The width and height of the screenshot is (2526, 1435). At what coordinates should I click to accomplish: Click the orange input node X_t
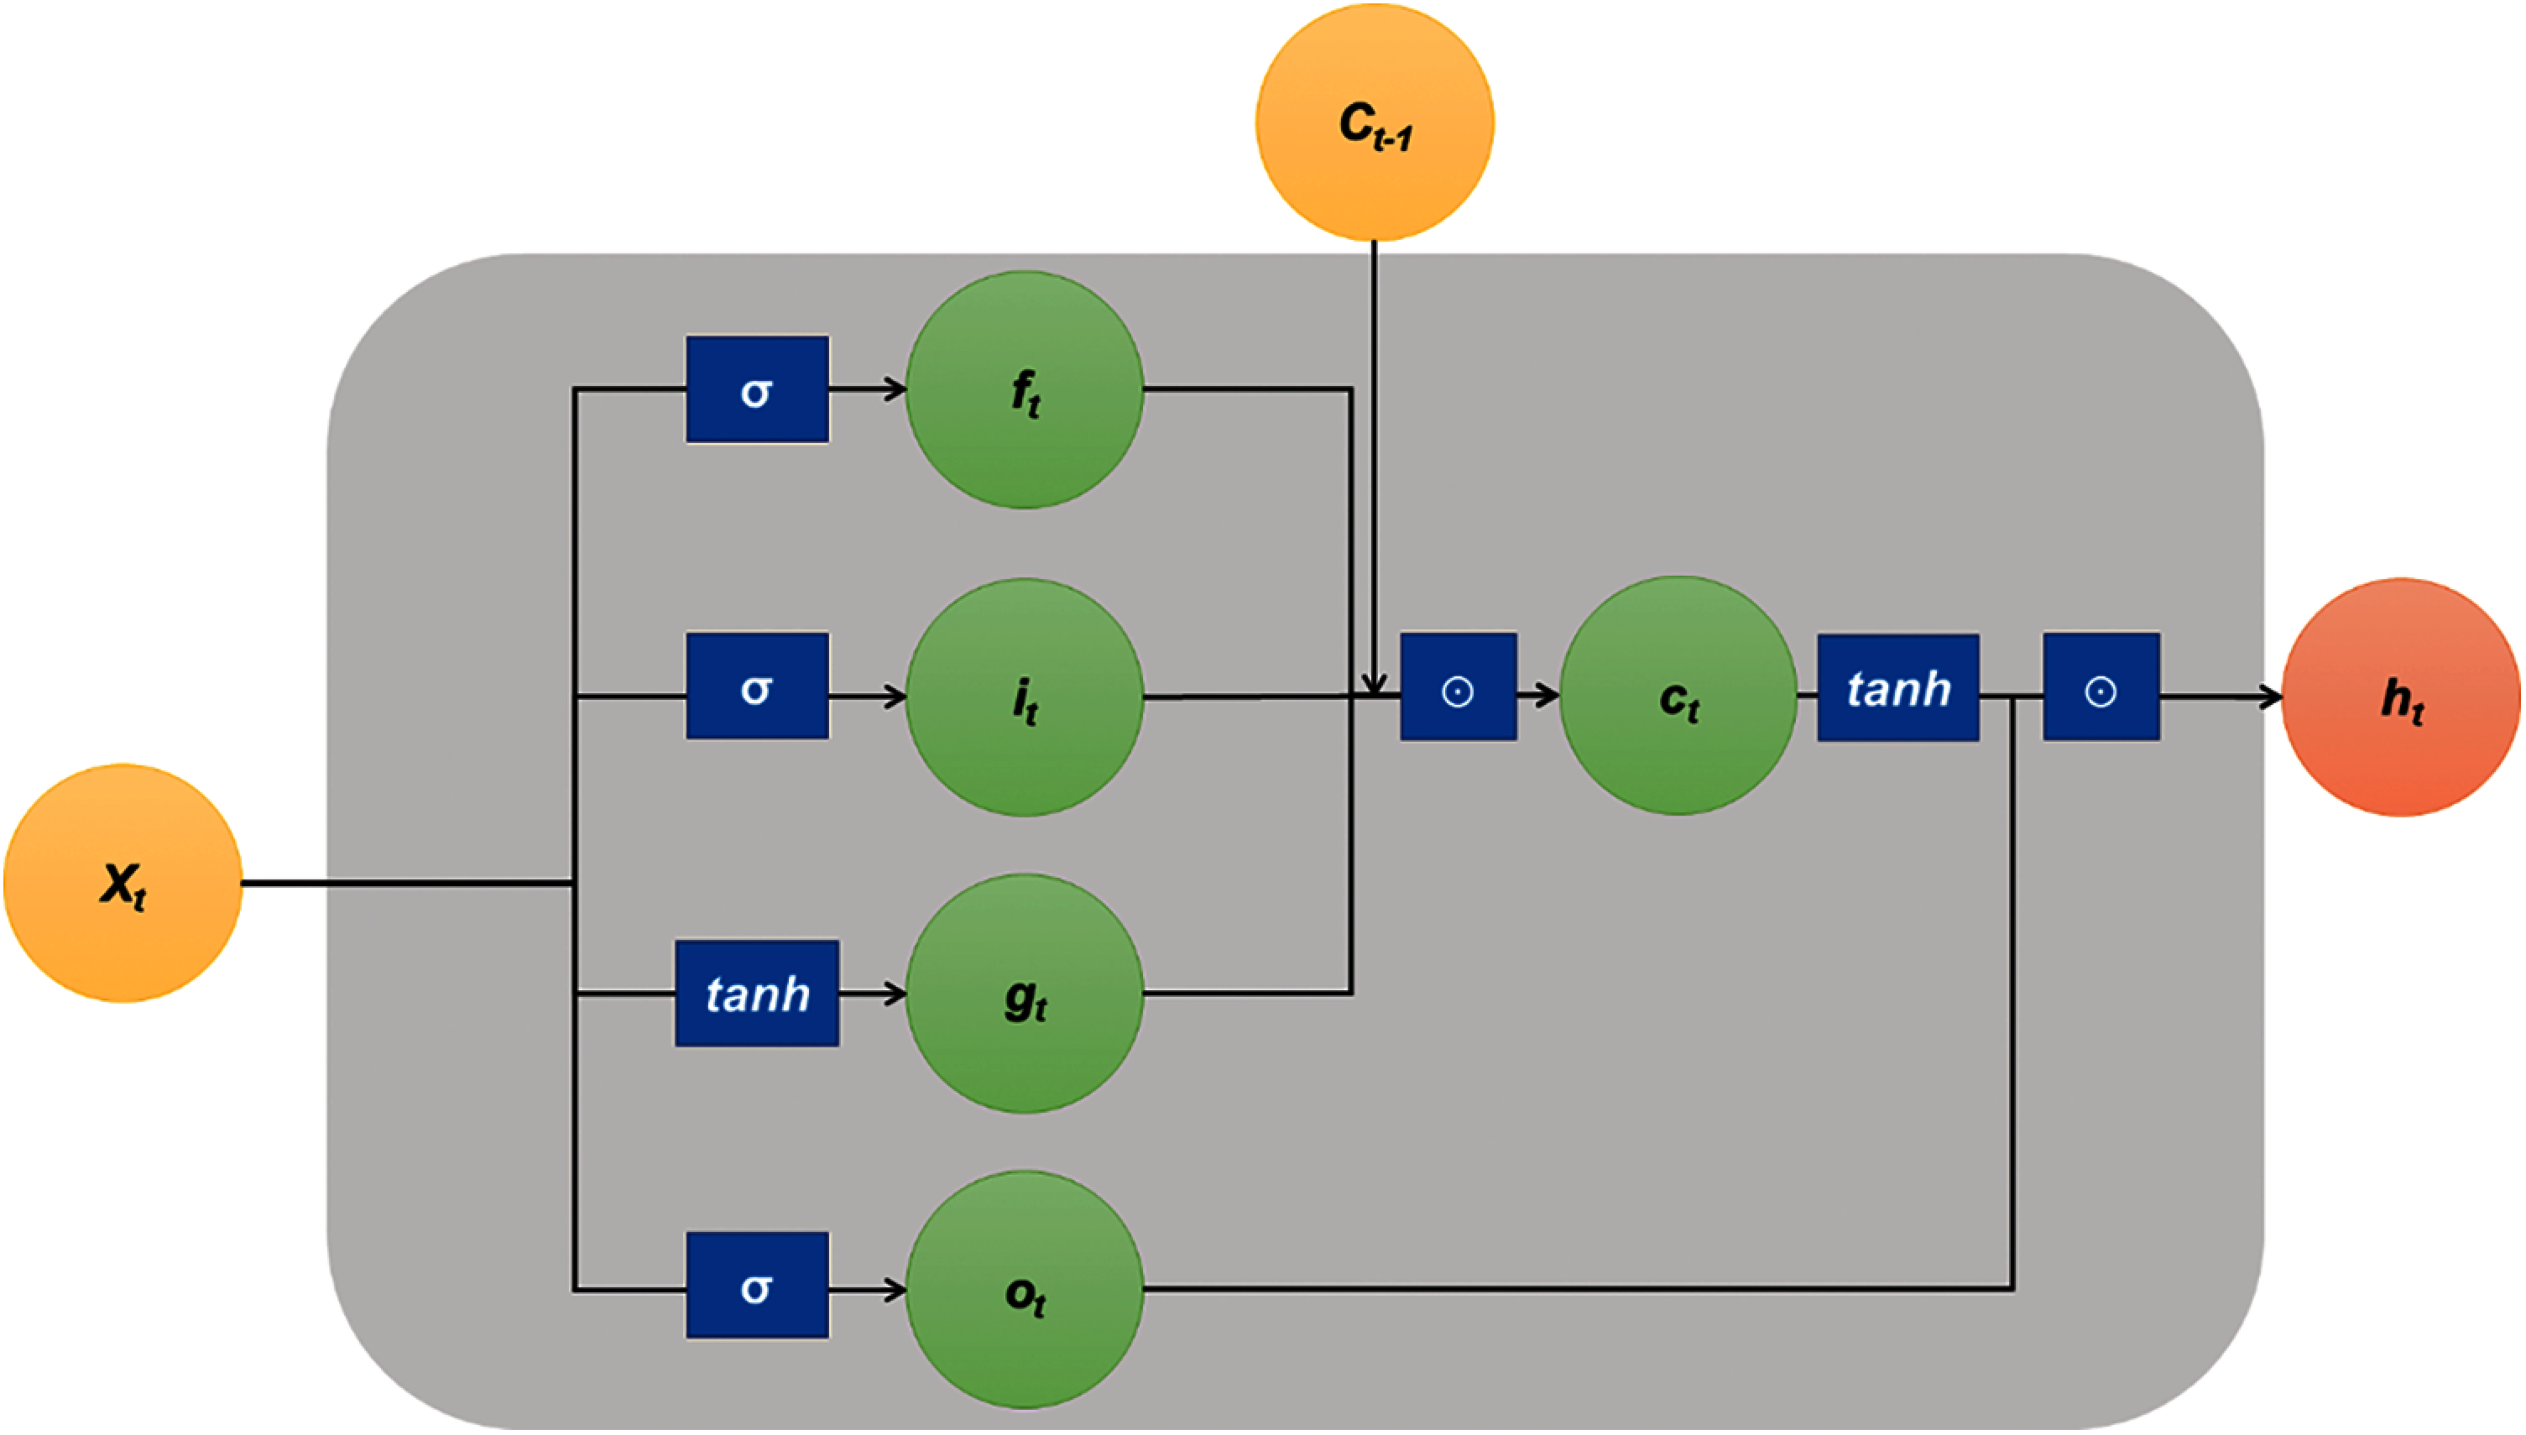(x=123, y=884)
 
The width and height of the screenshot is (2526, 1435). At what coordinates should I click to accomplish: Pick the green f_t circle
(x=1025, y=390)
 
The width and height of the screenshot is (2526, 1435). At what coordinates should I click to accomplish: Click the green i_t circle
(x=1025, y=698)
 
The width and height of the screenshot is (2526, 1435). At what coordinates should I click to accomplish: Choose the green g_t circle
(x=1025, y=994)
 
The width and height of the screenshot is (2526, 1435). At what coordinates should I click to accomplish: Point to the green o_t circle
(x=1025, y=1290)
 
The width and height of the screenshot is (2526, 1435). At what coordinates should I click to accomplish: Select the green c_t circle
(x=1678, y=696)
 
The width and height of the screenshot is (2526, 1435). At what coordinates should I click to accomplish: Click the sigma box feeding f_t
(x=757, y=389)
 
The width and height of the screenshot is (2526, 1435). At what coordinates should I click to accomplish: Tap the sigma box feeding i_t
(x=757, y=686)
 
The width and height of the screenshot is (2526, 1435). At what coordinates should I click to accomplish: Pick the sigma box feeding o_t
(x=757, y=1285)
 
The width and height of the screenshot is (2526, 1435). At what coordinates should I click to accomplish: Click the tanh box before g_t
(x=757, y=994)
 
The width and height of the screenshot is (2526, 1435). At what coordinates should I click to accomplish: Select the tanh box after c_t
(x=1898, y=687)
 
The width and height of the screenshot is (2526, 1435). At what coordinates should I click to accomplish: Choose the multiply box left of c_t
(x=1459, y=687)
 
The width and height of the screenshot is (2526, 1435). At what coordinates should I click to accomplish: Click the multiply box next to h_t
(x=2101, y=687)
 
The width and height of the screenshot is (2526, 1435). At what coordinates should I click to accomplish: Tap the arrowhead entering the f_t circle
(x=895, y=390)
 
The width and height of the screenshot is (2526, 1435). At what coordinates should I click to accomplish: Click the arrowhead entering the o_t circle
(x=895, y=1290)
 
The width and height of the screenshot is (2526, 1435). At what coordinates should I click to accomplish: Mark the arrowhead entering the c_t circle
(x=1547, y=697)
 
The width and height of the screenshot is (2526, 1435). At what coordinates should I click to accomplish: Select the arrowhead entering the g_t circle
(x=895, y=994)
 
